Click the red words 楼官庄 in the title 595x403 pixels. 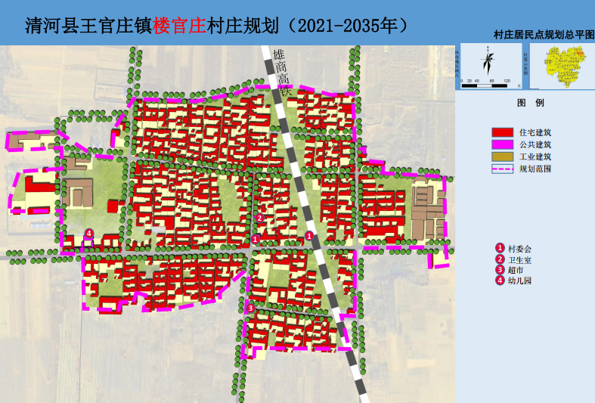pos(179,25)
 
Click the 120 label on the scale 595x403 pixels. pos(507,80)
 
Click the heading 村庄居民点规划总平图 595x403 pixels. pos(544,35)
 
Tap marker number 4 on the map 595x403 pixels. pos(89,233)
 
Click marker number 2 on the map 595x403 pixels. pos(259,218)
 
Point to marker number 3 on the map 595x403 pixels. pos(250,308)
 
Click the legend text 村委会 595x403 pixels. pos(519,248)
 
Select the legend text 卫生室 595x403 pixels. pos(519,259)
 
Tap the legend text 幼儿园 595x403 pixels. pos(519,281)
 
